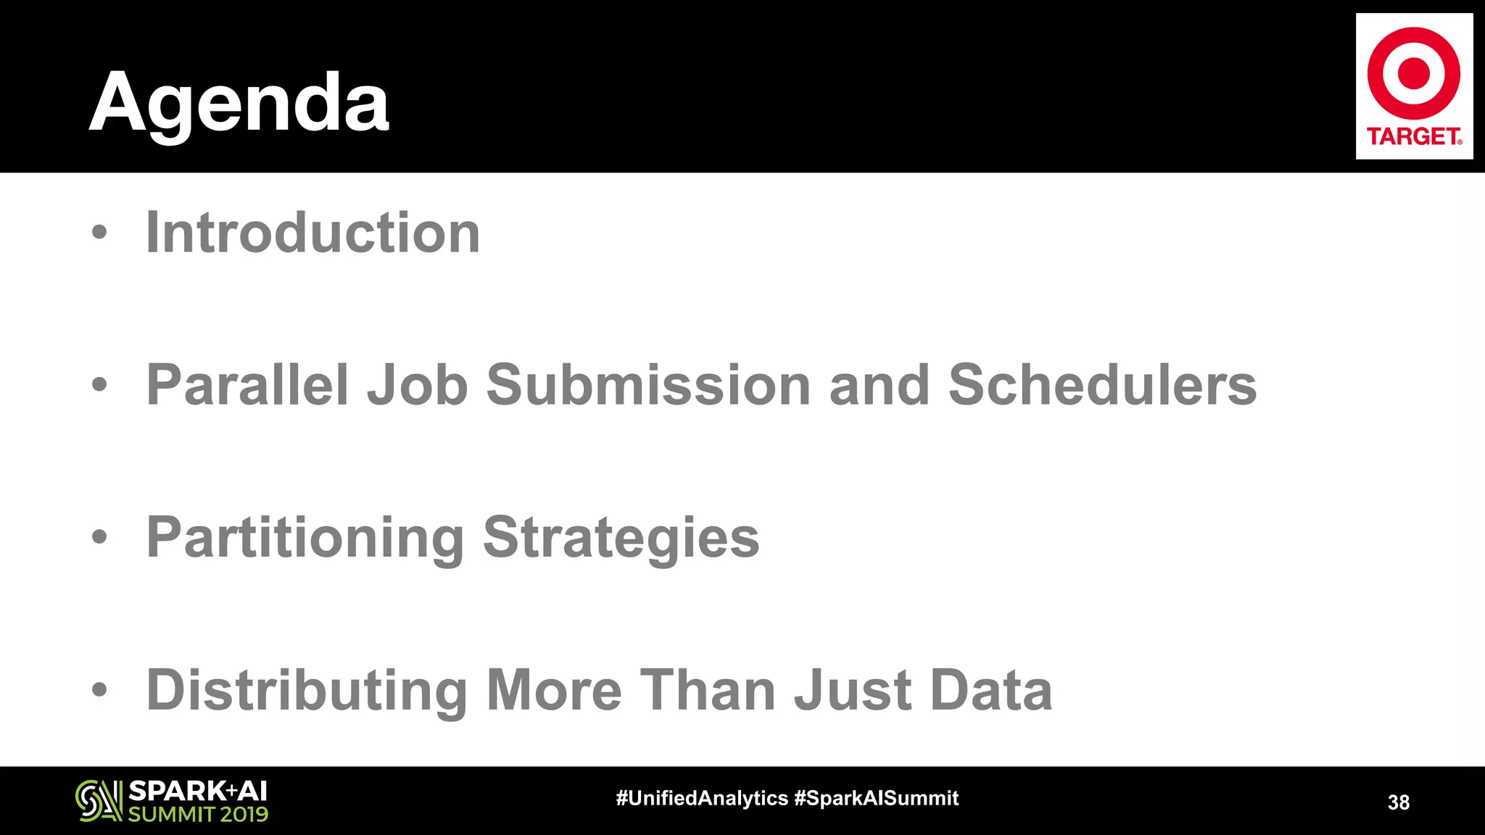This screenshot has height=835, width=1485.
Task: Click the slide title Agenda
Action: (x=239, y=104)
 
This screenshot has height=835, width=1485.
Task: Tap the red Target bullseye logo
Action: (x=1413, y=73)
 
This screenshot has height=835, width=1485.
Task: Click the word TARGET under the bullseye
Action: (x=1413, y=136)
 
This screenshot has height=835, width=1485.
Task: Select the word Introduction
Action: (x=313, y=233)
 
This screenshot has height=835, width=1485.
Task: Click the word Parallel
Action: (x=247, y=384)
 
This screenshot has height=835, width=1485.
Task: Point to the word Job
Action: (x=418, y=384)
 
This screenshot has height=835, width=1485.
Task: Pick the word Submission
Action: (x=648, y=384)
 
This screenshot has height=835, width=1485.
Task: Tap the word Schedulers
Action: (x=1102, y=384)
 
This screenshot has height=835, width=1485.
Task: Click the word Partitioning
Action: (x=305, y=538)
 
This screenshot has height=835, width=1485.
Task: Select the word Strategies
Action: (x=621, y=538)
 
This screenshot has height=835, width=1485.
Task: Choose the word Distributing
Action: (x=307, y=690)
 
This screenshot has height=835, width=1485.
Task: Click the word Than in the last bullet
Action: (x=708, y=690)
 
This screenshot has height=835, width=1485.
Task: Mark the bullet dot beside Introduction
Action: (x=99, y=233)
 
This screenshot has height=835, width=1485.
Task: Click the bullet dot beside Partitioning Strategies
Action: (x=99, y=537)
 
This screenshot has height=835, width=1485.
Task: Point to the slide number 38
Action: (x=1398, y=802)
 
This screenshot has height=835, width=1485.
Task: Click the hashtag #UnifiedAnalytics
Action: (x=701, y=798)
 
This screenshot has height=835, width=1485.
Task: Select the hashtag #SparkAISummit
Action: (x=876, y=798)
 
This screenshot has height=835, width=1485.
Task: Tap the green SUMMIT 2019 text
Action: (x=198, y=814)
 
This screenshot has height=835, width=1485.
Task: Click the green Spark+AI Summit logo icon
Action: (x=99, y=801)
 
